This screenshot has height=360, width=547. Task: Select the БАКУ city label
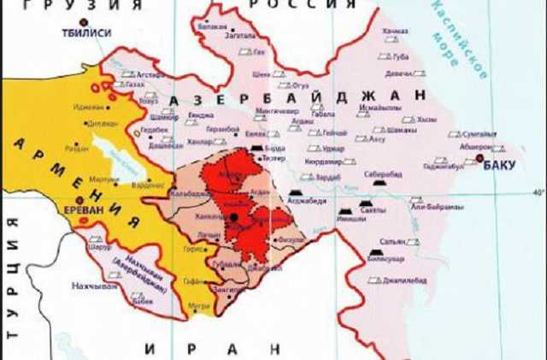(x=499, y=165)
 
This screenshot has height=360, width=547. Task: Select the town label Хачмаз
(x=395, y=32)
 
